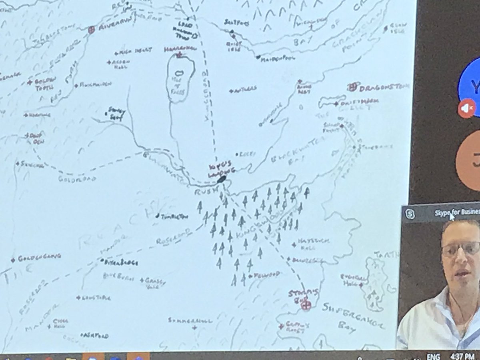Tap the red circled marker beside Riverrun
(91, 29)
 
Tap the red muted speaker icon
(466, 108)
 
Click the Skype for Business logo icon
(410, 214)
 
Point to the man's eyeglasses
(460, 249)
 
